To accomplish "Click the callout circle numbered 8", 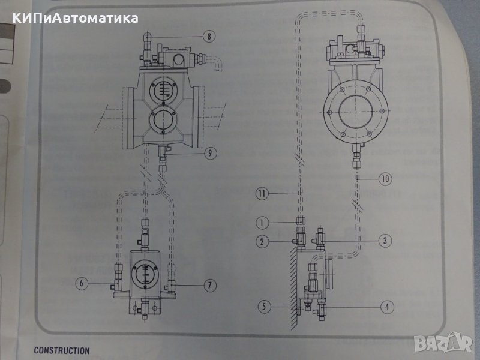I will [209, 37].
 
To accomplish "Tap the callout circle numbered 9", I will [209, 153].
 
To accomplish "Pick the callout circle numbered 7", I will [209, 285].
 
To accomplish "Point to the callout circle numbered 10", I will [385, 178].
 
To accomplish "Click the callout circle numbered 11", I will [261, 193].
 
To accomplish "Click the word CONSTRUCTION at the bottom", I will [62, 350].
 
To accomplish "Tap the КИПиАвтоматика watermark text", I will [74, 18].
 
